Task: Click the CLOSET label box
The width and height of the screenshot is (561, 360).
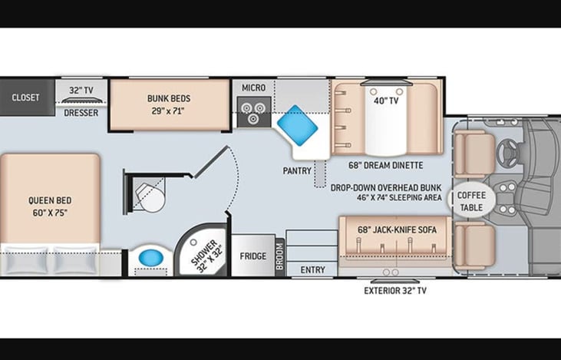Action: [x=25, y=97]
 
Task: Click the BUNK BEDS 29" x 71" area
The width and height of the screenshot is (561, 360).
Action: [x=169, y=104]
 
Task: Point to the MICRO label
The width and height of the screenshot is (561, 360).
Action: [x=253, y=88]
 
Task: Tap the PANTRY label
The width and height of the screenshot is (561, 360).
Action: [x=296, y=170]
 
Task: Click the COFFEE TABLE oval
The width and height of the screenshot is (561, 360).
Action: [x=471, y=200]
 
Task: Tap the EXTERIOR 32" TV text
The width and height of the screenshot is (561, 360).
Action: [x=395, y=291]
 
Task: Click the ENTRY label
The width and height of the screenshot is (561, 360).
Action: [x=312, y=270]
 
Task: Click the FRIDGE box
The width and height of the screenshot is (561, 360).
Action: [x=252, y=256]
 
